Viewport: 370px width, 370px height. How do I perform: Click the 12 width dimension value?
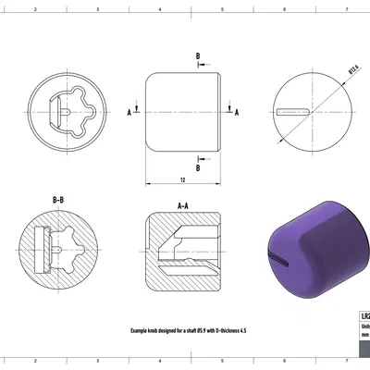click(183, 179)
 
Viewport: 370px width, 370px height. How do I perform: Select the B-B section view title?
click(57, 199)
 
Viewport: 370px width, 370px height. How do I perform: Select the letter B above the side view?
click(197, 56)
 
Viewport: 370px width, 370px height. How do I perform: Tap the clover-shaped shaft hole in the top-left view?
click(74, 110)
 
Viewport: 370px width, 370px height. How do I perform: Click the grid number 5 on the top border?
click(222, 8)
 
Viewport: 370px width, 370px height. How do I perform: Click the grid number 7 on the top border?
click(346, 8)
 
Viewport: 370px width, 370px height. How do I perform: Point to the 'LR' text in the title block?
click(364, 315)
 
